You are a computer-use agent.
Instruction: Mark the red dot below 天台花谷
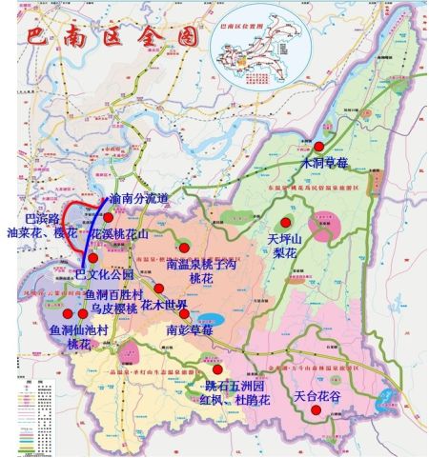(x=317, y=409)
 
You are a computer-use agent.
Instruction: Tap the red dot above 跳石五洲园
(x=218, y=369)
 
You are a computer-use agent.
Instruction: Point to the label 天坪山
(x=284, y=238)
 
